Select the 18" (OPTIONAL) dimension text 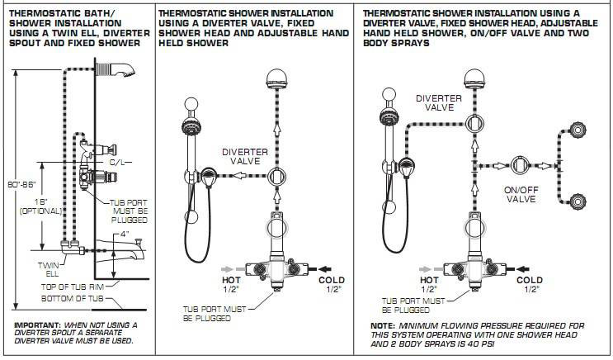point(39,205)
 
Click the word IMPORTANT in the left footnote point(32,326)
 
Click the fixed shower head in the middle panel point(274,81)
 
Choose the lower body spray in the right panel point(578,198)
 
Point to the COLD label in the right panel point(530,281)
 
